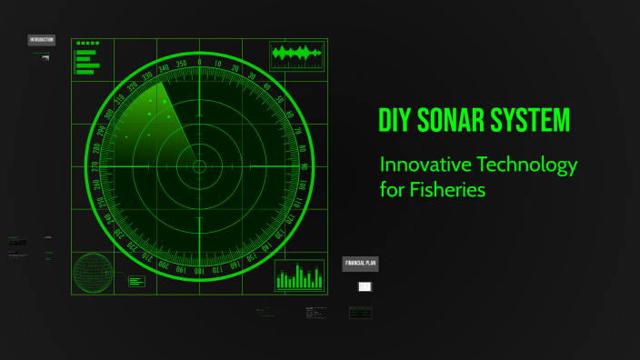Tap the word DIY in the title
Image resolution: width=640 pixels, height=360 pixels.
(x=396, y=121)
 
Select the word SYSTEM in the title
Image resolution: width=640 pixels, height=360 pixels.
(x=536, y=121)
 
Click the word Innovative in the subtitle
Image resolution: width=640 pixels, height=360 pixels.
(x=423, y=165)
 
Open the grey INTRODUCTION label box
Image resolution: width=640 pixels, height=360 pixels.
(x=41, y=40)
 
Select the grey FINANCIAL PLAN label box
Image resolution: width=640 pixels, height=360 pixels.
(x=360, y=264)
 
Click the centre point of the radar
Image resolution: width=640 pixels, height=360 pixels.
(x=199, y=166)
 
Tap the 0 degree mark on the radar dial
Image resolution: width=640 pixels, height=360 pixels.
(x=199, y=62)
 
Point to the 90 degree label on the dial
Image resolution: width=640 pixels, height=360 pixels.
(x=304, y=166)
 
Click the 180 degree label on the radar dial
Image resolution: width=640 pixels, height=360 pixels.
(x=199, y=271)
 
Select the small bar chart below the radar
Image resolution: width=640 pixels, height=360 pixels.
(x=300, y=275)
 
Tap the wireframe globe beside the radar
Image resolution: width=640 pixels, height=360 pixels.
(x=93, y=273)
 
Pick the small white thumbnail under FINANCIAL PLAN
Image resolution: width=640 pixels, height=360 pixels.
(x=365, y=287)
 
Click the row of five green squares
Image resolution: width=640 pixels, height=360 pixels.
(x=88, y=43)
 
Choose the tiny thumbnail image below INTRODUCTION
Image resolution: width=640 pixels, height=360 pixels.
(x=45, y=57)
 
